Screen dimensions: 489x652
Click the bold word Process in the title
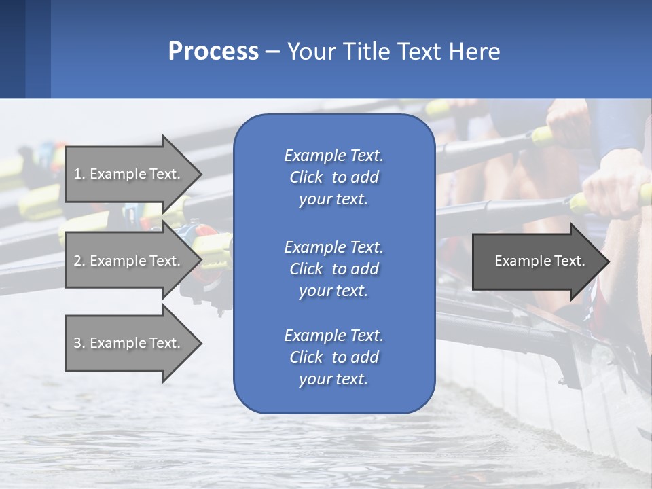point(213,52)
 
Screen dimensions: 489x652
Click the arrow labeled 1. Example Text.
point(129,174)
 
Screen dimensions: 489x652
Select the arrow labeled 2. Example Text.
point(129,261)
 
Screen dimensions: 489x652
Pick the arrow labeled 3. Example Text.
point(129,343)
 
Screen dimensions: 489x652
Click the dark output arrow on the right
point(537,261)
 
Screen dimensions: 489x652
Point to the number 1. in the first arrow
point(79,174)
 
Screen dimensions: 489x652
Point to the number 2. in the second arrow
point(79,261)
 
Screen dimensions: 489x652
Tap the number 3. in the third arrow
point(79,343)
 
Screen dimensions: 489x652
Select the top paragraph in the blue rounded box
point(333,177)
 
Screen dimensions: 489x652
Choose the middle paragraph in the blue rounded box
point(333,269)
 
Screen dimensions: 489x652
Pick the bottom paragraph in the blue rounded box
point(333,357)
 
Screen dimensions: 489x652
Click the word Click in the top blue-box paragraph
point(306,177)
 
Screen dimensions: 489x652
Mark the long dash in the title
point(272,52)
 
